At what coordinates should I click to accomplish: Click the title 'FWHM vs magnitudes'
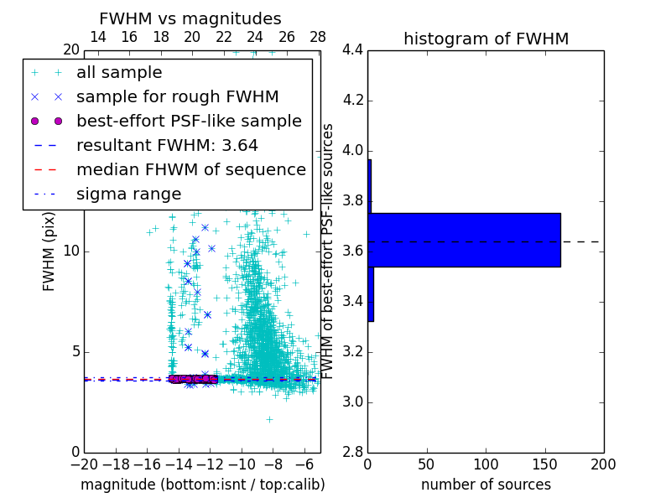(x=190, y=19)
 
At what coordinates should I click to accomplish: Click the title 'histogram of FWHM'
(x=486, y=39)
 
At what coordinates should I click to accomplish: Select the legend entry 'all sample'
(x=119, y=73)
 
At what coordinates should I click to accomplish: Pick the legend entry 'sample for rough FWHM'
(x=177, y=97)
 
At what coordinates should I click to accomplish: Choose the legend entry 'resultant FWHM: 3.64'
(x=167, y=146)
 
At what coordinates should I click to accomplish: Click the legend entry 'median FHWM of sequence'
(x=190, y=170)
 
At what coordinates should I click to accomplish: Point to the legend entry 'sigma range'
(x=128, y=194)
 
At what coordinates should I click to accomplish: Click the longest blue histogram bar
(x=464, y=240)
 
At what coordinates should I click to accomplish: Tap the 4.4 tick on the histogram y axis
(x=353, y=50)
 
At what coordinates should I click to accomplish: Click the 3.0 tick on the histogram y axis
(x=353, y=402)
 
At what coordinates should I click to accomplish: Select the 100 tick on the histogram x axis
(x=486, y=464)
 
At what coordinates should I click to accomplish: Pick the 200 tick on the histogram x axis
(x=603, y=464)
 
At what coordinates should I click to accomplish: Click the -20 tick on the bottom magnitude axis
(x=84, y=464)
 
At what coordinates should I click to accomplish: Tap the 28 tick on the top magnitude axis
(x=318, y=38)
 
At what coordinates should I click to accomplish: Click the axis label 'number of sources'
(x=486, y=485)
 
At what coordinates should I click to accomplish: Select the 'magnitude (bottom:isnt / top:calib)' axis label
(x=202, y=485)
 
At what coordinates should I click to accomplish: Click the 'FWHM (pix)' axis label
(x=49, y=251)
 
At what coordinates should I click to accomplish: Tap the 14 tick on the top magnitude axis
(x=97, y=38)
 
